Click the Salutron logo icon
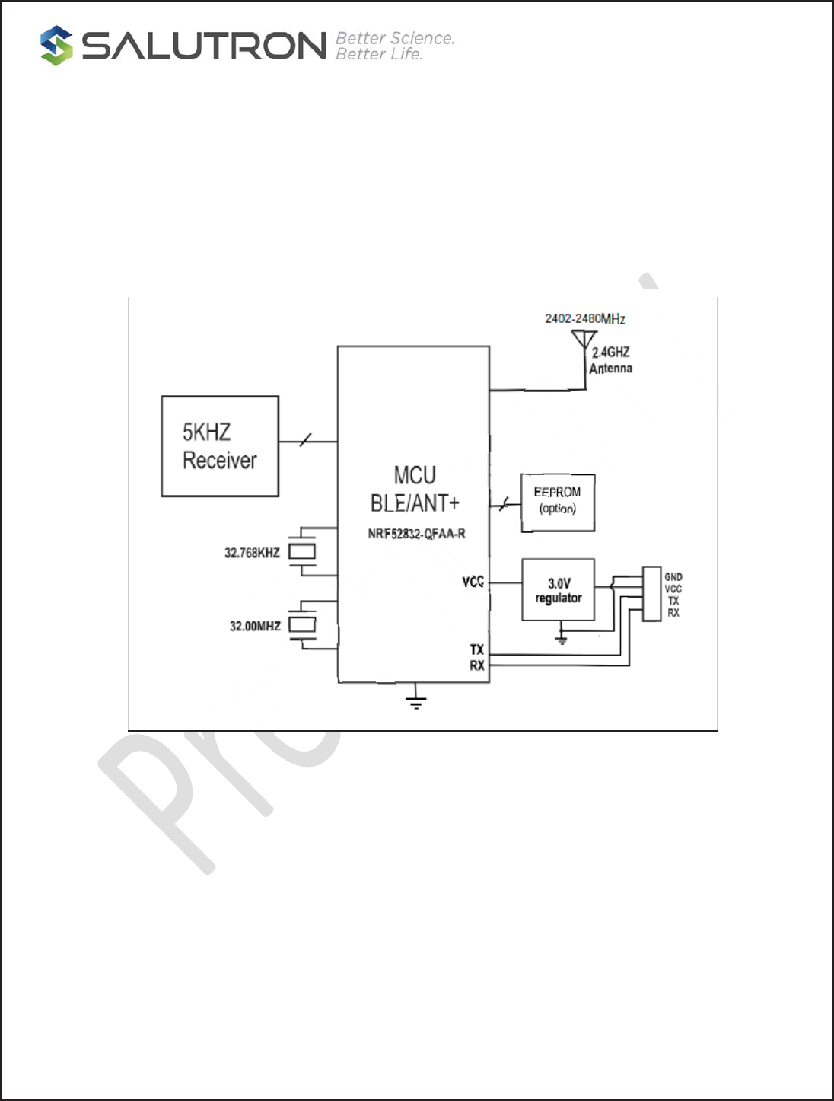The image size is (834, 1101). (x=56, y=46)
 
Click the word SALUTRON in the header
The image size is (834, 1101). (x=205, y=46)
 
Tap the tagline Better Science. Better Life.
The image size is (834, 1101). (x=394, y=46)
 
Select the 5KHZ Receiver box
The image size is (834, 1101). (x=220, y=446)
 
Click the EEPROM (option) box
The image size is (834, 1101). (x=558, y=502)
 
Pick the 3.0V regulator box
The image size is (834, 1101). (x=559, y=590)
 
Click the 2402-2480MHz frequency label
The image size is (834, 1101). (x=584, y=318)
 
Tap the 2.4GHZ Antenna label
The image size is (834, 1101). (x=610, y=360)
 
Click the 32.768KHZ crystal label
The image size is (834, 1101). (x=252, y=553)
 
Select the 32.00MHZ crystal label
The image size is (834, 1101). (x=255, y=626)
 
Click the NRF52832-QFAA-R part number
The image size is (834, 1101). (x=416, y=534)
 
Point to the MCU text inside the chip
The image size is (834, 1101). (x=415, y=475)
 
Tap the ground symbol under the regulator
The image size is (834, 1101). (x=562, y=637)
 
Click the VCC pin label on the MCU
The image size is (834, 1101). (x=473, y=582)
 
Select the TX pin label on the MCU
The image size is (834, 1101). (x=476, y=649)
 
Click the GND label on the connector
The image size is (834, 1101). (x=673, y=577)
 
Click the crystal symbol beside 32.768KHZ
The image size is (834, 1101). (x=302, y=551)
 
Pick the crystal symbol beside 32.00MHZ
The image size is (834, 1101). (x=302, y=624)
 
